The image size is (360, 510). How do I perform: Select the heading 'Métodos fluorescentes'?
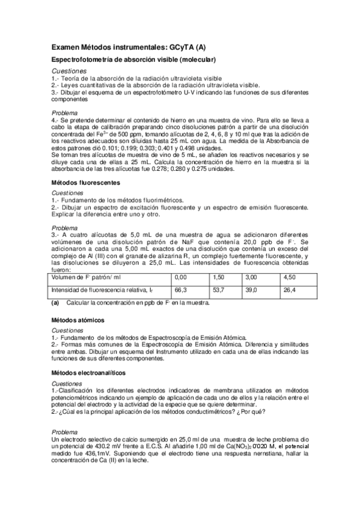(85, 182)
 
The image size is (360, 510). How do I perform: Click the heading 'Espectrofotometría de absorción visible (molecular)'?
(133, 60)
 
